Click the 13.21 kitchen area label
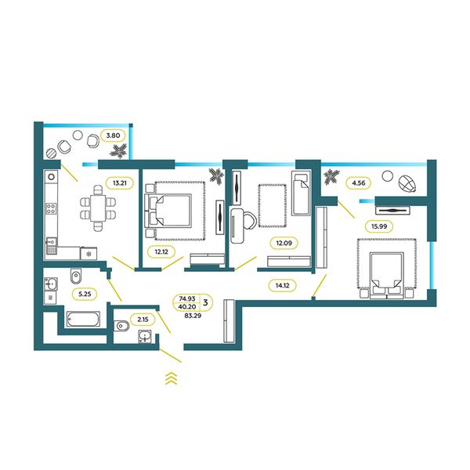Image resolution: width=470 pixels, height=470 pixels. pyautogui.click(x=120, y=183)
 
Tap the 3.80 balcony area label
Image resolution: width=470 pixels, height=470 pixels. pyautogui.click(x=113, y=136)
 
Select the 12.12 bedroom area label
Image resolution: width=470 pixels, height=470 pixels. pyautogui.click(x=161, y=251)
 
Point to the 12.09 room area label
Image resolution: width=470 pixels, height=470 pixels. pyautogui.click(x=284, y=243)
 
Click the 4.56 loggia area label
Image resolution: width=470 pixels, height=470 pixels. pyautogui.click(x=359, y=183)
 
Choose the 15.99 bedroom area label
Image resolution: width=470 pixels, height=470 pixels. pyautogui.click(x=379, y=226)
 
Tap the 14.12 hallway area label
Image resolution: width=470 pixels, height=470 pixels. pyautogui.click(x=282, y=285)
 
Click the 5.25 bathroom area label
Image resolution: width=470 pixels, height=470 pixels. pyautogui.click(x=85, y=294)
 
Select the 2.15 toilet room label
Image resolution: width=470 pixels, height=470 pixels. pyautogui.click(x=143, y=320)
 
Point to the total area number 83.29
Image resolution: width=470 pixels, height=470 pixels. pyautogui.click(x=193, y=316)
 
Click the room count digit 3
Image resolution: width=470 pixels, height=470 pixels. pyautogui.click(x=205, y=302)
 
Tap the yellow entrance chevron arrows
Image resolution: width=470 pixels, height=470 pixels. pyautogui.click(x=171, y=378)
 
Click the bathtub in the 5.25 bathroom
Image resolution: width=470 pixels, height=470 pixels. pyautogui.click(x=83, y=320)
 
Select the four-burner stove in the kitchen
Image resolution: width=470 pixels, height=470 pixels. pyautogui.click(x=51, y=208)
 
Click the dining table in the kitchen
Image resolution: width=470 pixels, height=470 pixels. pyautogui.click(x=98, y=208)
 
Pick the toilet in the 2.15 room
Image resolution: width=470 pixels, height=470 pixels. pyautogui.click(x=121, y=326)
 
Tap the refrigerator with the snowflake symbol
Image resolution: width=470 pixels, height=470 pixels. pyautogui.click(x=89, y=254)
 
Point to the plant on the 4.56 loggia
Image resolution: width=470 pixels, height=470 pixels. pyautogui.click(x=331, y=176)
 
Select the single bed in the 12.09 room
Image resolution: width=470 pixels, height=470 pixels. pyautogui.click(x=301, y=193)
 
